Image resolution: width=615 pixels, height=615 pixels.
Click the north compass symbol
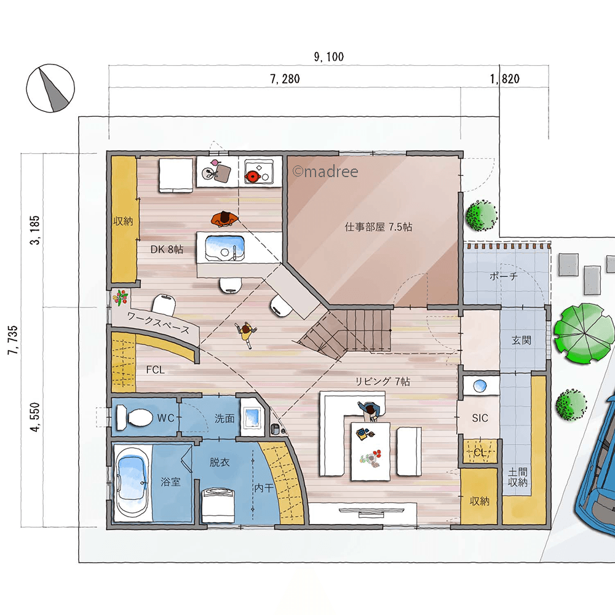50,88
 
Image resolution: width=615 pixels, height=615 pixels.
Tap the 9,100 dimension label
328,57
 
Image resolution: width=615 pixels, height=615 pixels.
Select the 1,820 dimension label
505,79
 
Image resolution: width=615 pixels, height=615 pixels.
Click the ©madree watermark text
325,172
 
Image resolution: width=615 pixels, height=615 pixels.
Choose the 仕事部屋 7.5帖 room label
378,227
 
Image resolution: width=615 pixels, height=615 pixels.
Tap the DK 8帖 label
167,250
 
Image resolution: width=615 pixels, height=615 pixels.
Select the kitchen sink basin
224,248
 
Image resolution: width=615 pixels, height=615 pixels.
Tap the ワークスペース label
158,323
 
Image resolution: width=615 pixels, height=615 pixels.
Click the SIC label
480,418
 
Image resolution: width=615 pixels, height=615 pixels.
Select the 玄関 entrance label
522,341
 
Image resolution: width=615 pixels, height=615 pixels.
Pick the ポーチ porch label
504,277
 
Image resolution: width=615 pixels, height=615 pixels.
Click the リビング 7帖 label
383,381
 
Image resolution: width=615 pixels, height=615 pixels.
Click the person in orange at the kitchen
224,220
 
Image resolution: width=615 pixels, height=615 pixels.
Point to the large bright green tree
584,333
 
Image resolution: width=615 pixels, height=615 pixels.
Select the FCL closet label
156,370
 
